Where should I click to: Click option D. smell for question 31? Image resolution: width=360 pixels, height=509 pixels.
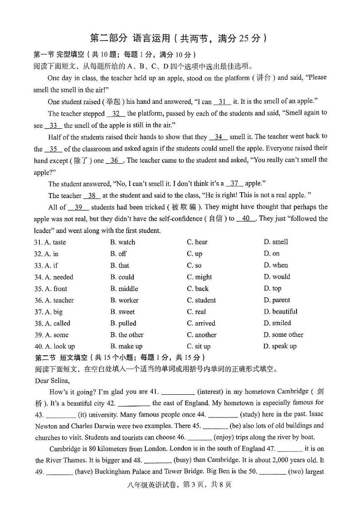[276, 242]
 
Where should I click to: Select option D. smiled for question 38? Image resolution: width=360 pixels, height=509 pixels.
[277, 323]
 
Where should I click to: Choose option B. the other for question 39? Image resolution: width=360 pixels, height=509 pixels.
[126, 335]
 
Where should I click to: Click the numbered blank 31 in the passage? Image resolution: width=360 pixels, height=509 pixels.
[222, 102]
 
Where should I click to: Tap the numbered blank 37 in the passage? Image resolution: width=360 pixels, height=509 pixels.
[234, 184]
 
